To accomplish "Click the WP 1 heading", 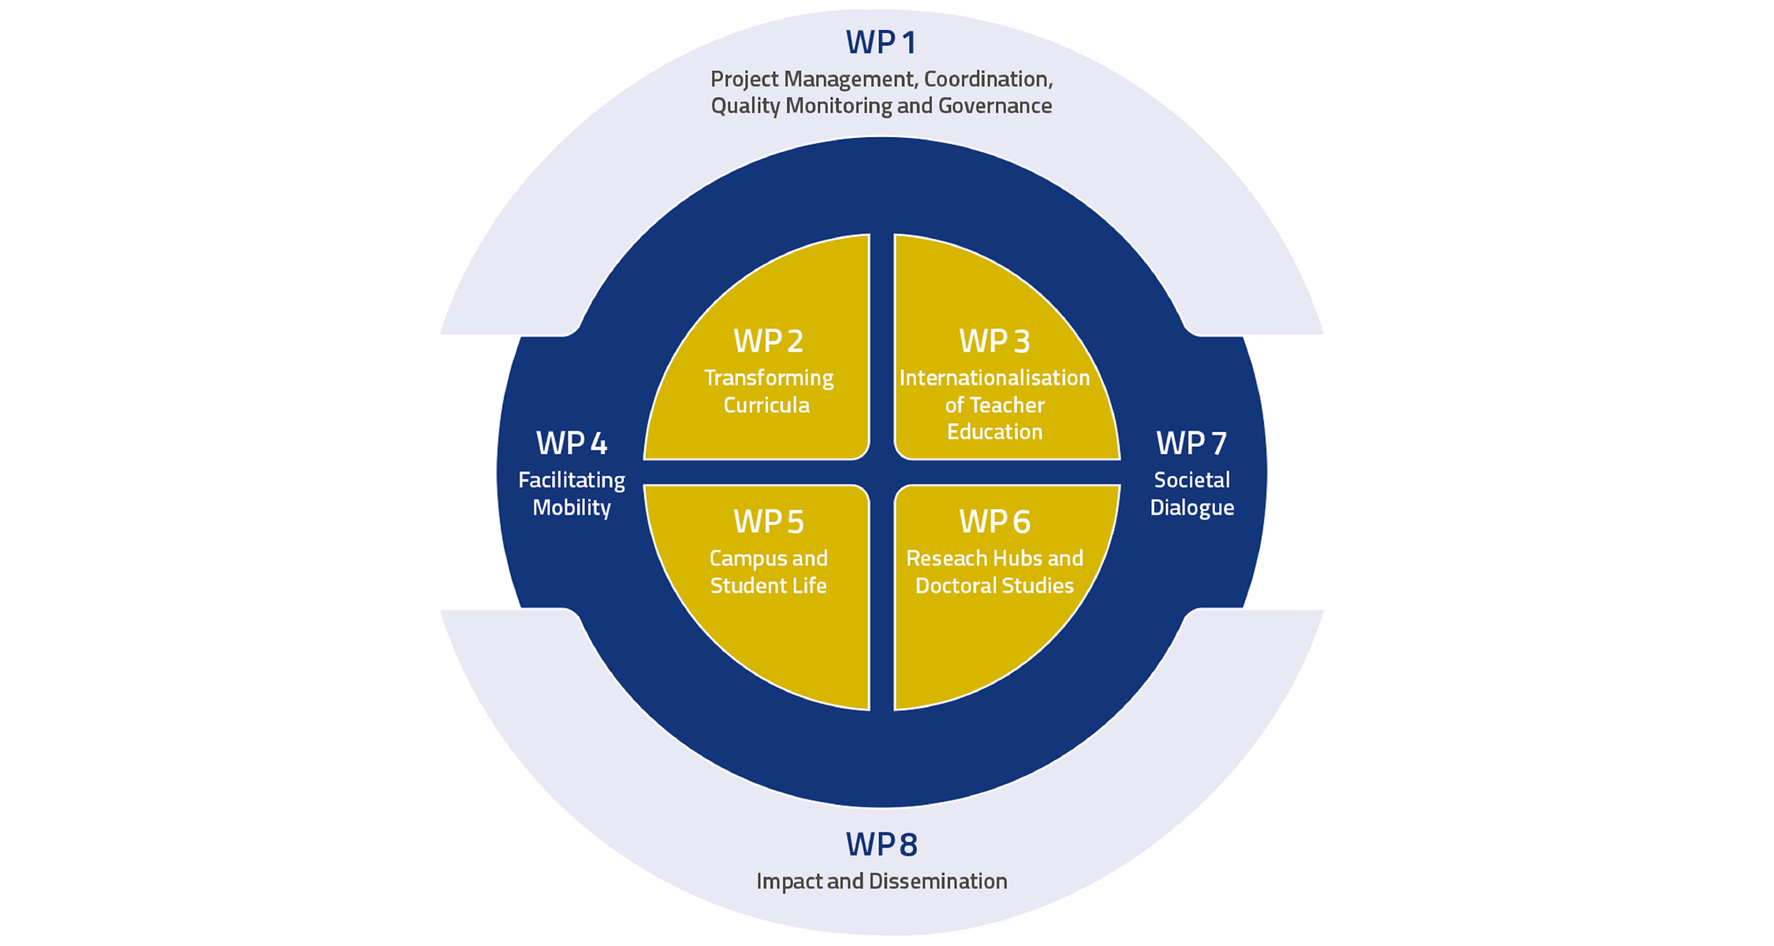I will click(x=881, y=43).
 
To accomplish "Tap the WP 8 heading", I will click(x=881, y=844).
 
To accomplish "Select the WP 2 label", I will click(x=768, y=341).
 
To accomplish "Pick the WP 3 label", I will click(x=994, y=341).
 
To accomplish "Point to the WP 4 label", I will click(x=572, y=444).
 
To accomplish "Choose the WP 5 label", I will click(x=768, y=522).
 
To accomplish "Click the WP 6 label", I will click(x=994, y=522).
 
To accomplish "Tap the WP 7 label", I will click(x=1191, y=444).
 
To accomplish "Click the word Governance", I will click(x=995, y=106).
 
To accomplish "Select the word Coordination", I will click(x=988, y=79).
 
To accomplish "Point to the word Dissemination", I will click(x=937, y=881).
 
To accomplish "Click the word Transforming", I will click(x=769, y=378).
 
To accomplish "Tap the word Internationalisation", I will click(x=994, y=378).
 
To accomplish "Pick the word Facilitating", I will click(x=572, y=480).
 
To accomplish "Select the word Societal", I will click(x=1191, y=480).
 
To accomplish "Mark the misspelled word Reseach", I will click(x=945, y=559).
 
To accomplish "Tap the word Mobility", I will click(x=572, y=508).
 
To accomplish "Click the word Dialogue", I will click(x=1191, y=508).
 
